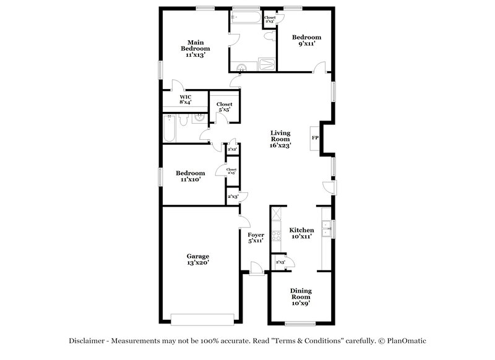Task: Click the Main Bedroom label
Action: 195,48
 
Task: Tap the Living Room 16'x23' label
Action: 280,139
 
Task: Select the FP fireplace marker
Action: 315,137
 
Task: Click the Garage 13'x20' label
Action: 198,259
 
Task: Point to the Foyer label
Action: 256,238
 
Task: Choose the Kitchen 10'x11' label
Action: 301,233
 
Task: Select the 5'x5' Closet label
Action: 224,108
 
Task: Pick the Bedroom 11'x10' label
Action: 190,176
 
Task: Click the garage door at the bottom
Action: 202,319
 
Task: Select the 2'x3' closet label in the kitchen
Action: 280,262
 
